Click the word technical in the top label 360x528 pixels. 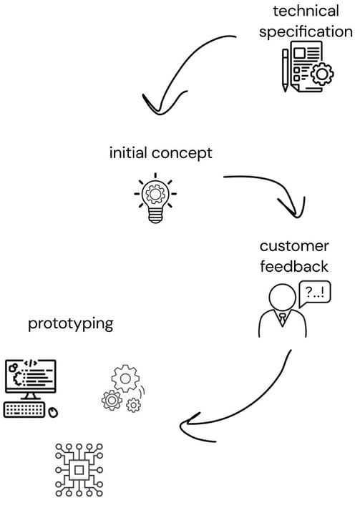click(x=306, y=11)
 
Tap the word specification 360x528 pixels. click(x=306, y=32)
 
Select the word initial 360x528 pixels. click(x=128, y=152)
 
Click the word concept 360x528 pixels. click(x=182, y=154)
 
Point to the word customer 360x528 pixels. click(x=294, y=246)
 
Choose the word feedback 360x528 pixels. click(x=294, y=266)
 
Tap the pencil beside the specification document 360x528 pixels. click(x=286, y=70)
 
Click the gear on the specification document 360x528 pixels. click(x=322, y=74)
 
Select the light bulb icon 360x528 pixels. click(x=155, y=199)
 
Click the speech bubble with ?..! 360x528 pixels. click(x=315, y=293)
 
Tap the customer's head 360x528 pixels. click(x=283, y=298)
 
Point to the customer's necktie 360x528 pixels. click(x=283, y=318)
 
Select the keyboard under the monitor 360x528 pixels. click(x=24, y=410)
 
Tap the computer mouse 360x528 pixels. click(x=53, y=413)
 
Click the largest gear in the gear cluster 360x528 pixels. click(x=125, y=378)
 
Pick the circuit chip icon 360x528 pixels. click(x=79, y=470)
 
